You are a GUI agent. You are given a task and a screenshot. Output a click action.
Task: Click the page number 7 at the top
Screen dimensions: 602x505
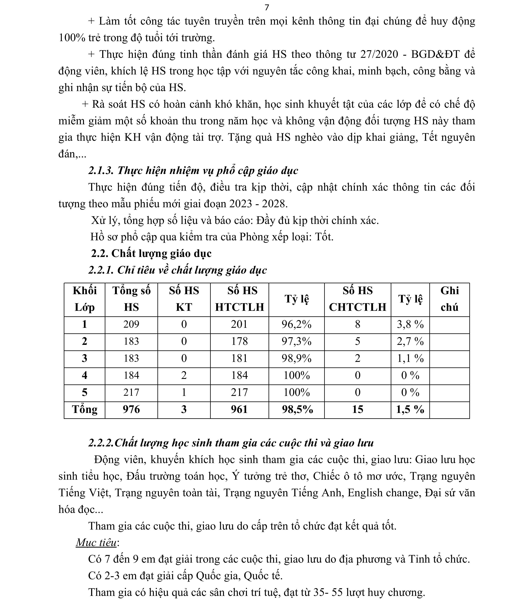pyautogui.click(x=267, y=8)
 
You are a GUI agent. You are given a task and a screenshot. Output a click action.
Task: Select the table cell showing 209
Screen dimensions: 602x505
pyautogui.click(x=131, y=324)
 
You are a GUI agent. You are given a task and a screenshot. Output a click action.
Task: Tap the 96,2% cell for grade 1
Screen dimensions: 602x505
pyautogui.click(x=296, y=324)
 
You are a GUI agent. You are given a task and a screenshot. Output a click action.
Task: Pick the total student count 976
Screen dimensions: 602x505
pyautogui.click(x=131, y=409)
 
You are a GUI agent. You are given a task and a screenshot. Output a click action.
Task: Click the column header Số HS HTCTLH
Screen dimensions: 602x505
pyautogui.click(x=239, y=299)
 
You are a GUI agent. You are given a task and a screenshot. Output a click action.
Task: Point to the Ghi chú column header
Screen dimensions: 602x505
pyautogui.click(x=449, y=299)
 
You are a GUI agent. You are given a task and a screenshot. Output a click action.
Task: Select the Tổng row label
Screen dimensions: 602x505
pyautogui.click(x=85, y=409)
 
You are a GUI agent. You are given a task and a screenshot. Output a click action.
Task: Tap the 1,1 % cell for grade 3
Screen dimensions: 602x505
pyautogui.click(x=410, y=358)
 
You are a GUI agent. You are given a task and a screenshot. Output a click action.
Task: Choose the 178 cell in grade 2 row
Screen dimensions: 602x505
pyautogui.click(x=239, y=341)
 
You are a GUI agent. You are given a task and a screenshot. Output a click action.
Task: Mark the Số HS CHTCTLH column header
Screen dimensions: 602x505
pyautogui.click(x=358, y=299)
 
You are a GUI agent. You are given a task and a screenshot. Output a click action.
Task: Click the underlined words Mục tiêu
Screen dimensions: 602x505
pyautogui.click(x=96, y=543)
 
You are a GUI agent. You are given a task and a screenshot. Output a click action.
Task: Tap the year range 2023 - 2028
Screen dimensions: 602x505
pyautogui.click(x=258, y=204)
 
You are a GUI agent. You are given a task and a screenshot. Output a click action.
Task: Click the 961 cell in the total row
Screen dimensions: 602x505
pyautogui.click(x=239, y=409)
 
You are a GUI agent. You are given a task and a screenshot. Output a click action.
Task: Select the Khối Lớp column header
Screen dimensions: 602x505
pyautogui.click(x=85, y=299)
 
